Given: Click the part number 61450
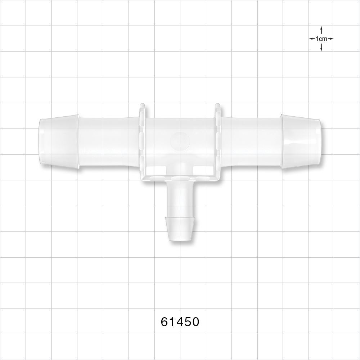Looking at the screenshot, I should (x=180, y=321).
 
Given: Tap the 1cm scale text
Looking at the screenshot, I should (x=321, y=39).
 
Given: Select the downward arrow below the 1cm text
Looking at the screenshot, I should (x=321, y=48).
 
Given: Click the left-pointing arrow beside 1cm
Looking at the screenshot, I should (x=312, y=39).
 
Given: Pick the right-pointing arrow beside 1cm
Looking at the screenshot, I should (x=330, y=39).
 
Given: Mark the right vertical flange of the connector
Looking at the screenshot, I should (x=217, y=140).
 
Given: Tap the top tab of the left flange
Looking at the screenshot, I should (x=142, y=107).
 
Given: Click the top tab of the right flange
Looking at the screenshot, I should (x=217, y=107).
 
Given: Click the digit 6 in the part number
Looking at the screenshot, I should (x=164, y=321).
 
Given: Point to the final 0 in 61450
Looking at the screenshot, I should (x=195, y=321).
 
